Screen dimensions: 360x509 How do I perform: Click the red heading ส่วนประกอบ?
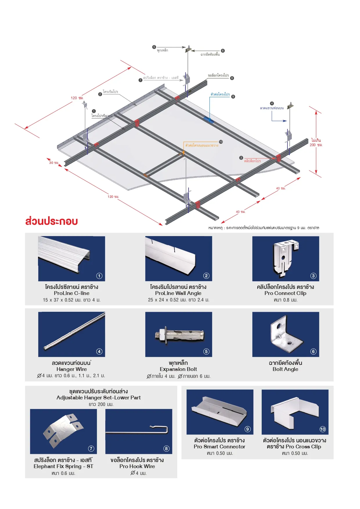(52, 221)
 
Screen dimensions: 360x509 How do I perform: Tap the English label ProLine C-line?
(72, 293)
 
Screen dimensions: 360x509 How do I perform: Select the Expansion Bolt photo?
(179, 334)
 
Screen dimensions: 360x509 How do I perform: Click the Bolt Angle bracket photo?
(286, 334)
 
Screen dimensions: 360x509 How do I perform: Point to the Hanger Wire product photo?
(72, 334)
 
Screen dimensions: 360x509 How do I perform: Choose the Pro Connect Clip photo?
(286, 259)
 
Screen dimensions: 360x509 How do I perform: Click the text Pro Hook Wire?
(137, 466)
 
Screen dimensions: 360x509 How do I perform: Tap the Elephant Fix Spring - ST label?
(63, 466)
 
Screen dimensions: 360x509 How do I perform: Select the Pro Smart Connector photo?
(220, 412)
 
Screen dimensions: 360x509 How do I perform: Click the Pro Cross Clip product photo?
(295, 412)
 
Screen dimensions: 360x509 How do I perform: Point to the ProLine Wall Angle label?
(178, 293)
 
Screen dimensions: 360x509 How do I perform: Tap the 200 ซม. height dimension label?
(316, 145)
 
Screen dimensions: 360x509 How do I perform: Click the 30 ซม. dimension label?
(54, 163)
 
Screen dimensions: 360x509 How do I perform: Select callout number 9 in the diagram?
(233, 97)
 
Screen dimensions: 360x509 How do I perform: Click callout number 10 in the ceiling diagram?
(221, 142)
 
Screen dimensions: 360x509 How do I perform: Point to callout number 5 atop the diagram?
(154, 47)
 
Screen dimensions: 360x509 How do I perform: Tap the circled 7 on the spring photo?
(91, 448)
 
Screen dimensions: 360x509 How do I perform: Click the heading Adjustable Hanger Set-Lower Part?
(99, 398)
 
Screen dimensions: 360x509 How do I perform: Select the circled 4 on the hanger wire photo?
(99, 352)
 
